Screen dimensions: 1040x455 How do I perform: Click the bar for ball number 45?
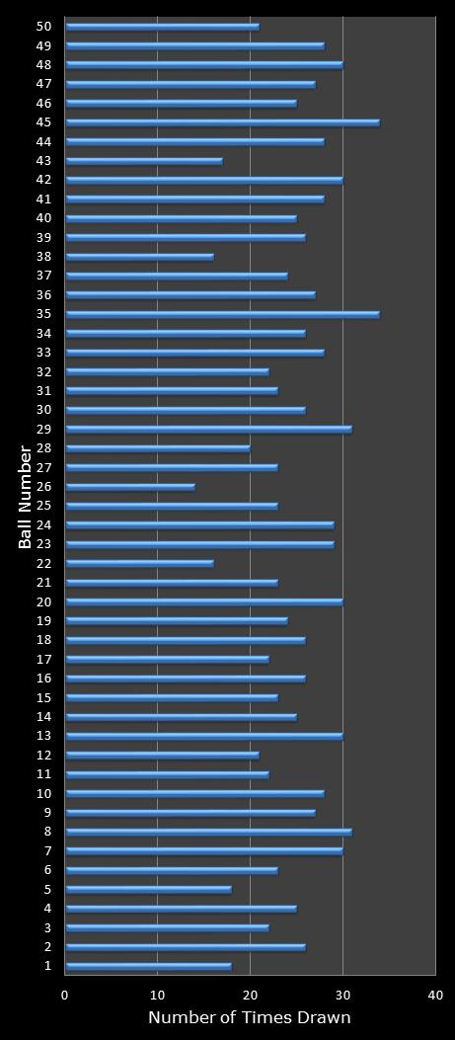click(222, 122)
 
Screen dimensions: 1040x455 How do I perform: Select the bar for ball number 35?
click(222, 314)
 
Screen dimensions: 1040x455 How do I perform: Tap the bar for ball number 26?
click(129, 487)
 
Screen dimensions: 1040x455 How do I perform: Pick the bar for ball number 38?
click(139, 257)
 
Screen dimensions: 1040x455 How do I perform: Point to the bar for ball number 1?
click(148, 966)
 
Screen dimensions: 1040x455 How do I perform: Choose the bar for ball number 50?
click(162, 27)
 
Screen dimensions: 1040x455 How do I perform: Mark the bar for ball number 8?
click(208, 832)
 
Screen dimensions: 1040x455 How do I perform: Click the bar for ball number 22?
click(139, 563)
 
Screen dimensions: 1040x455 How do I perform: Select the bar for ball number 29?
click(208, 429)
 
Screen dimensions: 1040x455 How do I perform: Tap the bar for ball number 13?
click(203, 736)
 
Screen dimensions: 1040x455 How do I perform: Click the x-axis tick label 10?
click(158, 996)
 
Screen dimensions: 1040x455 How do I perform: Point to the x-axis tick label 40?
click(435, 996)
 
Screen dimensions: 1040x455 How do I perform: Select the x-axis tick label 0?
click(65, 996)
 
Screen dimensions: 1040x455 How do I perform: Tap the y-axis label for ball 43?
click(43, 161)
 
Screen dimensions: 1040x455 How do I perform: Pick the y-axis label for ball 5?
click(47, 889)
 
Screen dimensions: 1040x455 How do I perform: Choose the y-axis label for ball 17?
click(43, 659)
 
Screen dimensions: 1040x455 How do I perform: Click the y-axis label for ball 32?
click(43, 371)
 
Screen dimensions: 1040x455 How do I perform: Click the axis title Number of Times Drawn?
click(250, 1018)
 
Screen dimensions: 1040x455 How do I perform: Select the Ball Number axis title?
click(25, 497)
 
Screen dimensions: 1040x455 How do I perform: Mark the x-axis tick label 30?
click(342, 996)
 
